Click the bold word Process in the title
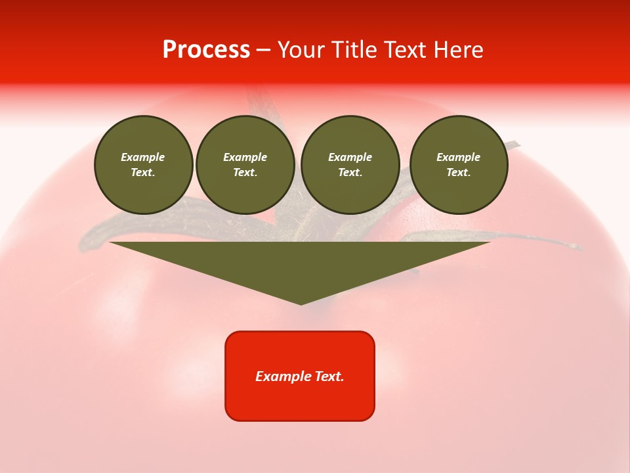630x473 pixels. click(206, 50)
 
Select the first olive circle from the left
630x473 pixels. click(143, 165)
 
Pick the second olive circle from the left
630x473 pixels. click(245, 165)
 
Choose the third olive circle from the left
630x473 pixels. click(350, 165)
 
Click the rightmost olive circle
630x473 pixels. click(459, 165)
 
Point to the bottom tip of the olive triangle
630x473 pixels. click(301, 304)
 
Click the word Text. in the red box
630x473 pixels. click(329, 376)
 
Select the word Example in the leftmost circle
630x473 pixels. click(143, 158)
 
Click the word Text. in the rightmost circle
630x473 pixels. click(459, 173)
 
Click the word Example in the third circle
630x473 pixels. click(350, 158)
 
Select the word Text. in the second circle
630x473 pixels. click(245, 173)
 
